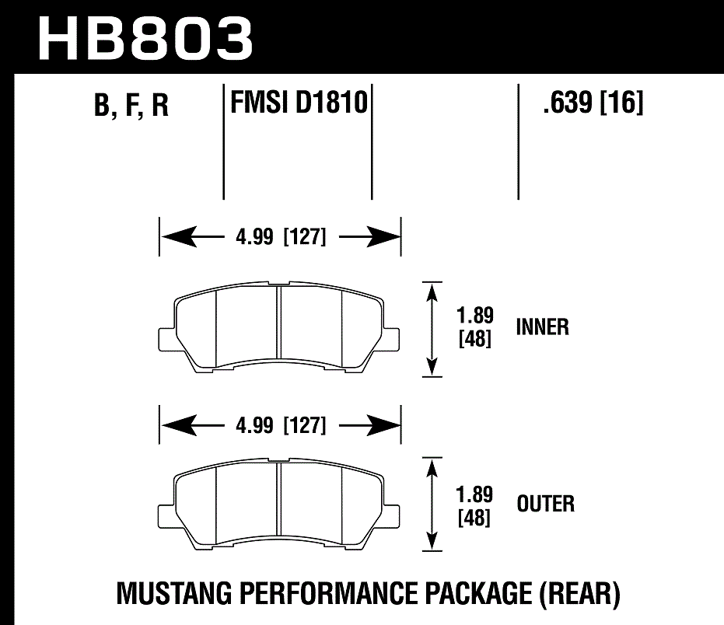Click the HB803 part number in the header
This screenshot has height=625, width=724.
coord(146,37)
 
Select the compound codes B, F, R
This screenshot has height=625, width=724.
coord(131,106)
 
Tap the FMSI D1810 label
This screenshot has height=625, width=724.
coord(298,102)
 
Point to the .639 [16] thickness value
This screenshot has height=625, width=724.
coord(593,102)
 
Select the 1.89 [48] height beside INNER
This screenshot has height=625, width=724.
coord(474,328)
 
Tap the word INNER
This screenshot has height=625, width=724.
coord(542,327)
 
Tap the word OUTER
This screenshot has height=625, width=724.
coord(545,504)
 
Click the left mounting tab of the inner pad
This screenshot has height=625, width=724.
coord(167,340)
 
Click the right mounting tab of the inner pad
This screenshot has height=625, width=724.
coord(392,340)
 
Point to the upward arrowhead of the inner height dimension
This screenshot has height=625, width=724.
coord(432,291)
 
